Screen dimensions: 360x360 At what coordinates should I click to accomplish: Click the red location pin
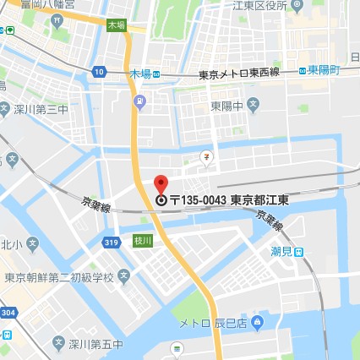tap(161, 184)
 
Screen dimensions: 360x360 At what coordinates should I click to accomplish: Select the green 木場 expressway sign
tap(116, 26)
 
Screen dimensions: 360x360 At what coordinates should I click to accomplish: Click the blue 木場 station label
tap(140, 74)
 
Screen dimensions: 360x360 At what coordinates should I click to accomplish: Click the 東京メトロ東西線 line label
tap(238, 75)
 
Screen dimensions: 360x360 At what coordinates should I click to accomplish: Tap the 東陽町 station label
tap(323, 70)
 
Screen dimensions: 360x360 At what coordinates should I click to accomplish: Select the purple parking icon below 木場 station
tap(140, 101)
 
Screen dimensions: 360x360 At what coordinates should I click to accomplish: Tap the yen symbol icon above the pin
tap(205, 156)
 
